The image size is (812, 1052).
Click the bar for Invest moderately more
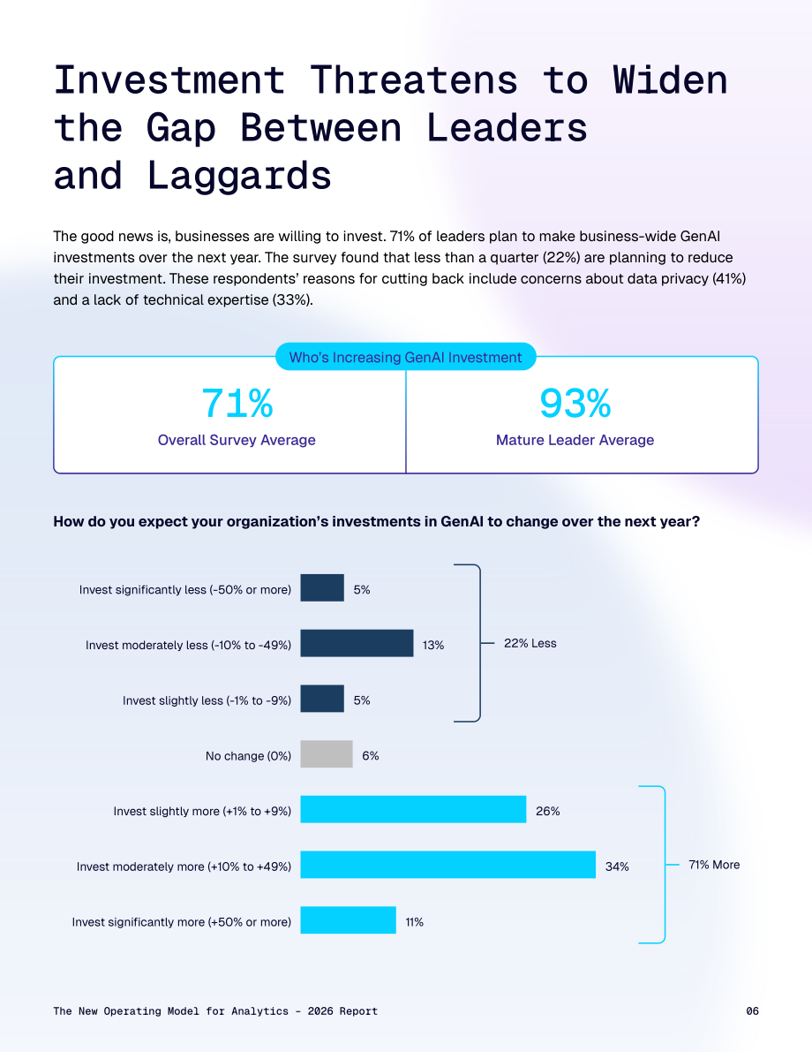coord(447,864)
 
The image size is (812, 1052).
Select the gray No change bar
coord(327,754)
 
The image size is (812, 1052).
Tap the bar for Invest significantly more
coord(348,920)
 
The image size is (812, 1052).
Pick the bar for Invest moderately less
coord(357,643)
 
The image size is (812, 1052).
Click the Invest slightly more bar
coord(413,809)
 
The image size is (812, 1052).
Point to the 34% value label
coord(617,867)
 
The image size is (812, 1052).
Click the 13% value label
coord(433,646)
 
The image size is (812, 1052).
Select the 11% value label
coord(414,922)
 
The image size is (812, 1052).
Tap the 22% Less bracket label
coord(530,643)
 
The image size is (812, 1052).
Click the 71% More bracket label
coord(714,865)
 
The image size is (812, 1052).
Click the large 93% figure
coord(575,403)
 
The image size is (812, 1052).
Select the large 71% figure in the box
coord(237,403)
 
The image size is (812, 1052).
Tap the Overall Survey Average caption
coord(237,440)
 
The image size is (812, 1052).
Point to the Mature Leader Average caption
coord(575,440)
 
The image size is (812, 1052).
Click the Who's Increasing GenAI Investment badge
coord(406,357)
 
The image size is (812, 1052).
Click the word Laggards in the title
coord(239,177)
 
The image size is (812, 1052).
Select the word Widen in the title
coord(670,79)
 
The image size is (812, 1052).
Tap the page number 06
coord(752,1011)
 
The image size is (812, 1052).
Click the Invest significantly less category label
coord(185,590)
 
